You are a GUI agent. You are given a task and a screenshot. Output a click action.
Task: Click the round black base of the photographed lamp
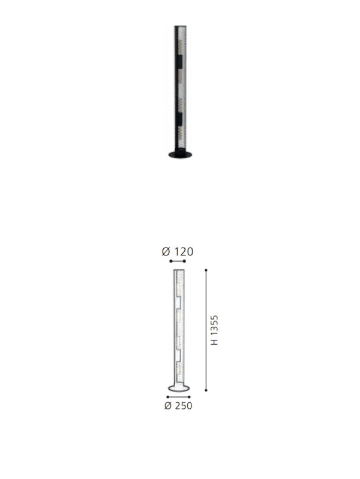click(180, 155)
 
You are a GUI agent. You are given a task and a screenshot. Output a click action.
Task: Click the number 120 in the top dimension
click(184, 252)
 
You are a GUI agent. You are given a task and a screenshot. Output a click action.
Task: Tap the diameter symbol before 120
click(166, 252)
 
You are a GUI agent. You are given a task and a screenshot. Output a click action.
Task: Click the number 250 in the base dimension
click(183, 406)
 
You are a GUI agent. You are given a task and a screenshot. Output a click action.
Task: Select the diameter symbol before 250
click(168, 406)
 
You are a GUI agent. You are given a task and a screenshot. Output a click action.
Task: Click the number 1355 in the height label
click(215, 326)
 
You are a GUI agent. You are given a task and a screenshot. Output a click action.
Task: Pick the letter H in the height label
click(215, 342)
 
